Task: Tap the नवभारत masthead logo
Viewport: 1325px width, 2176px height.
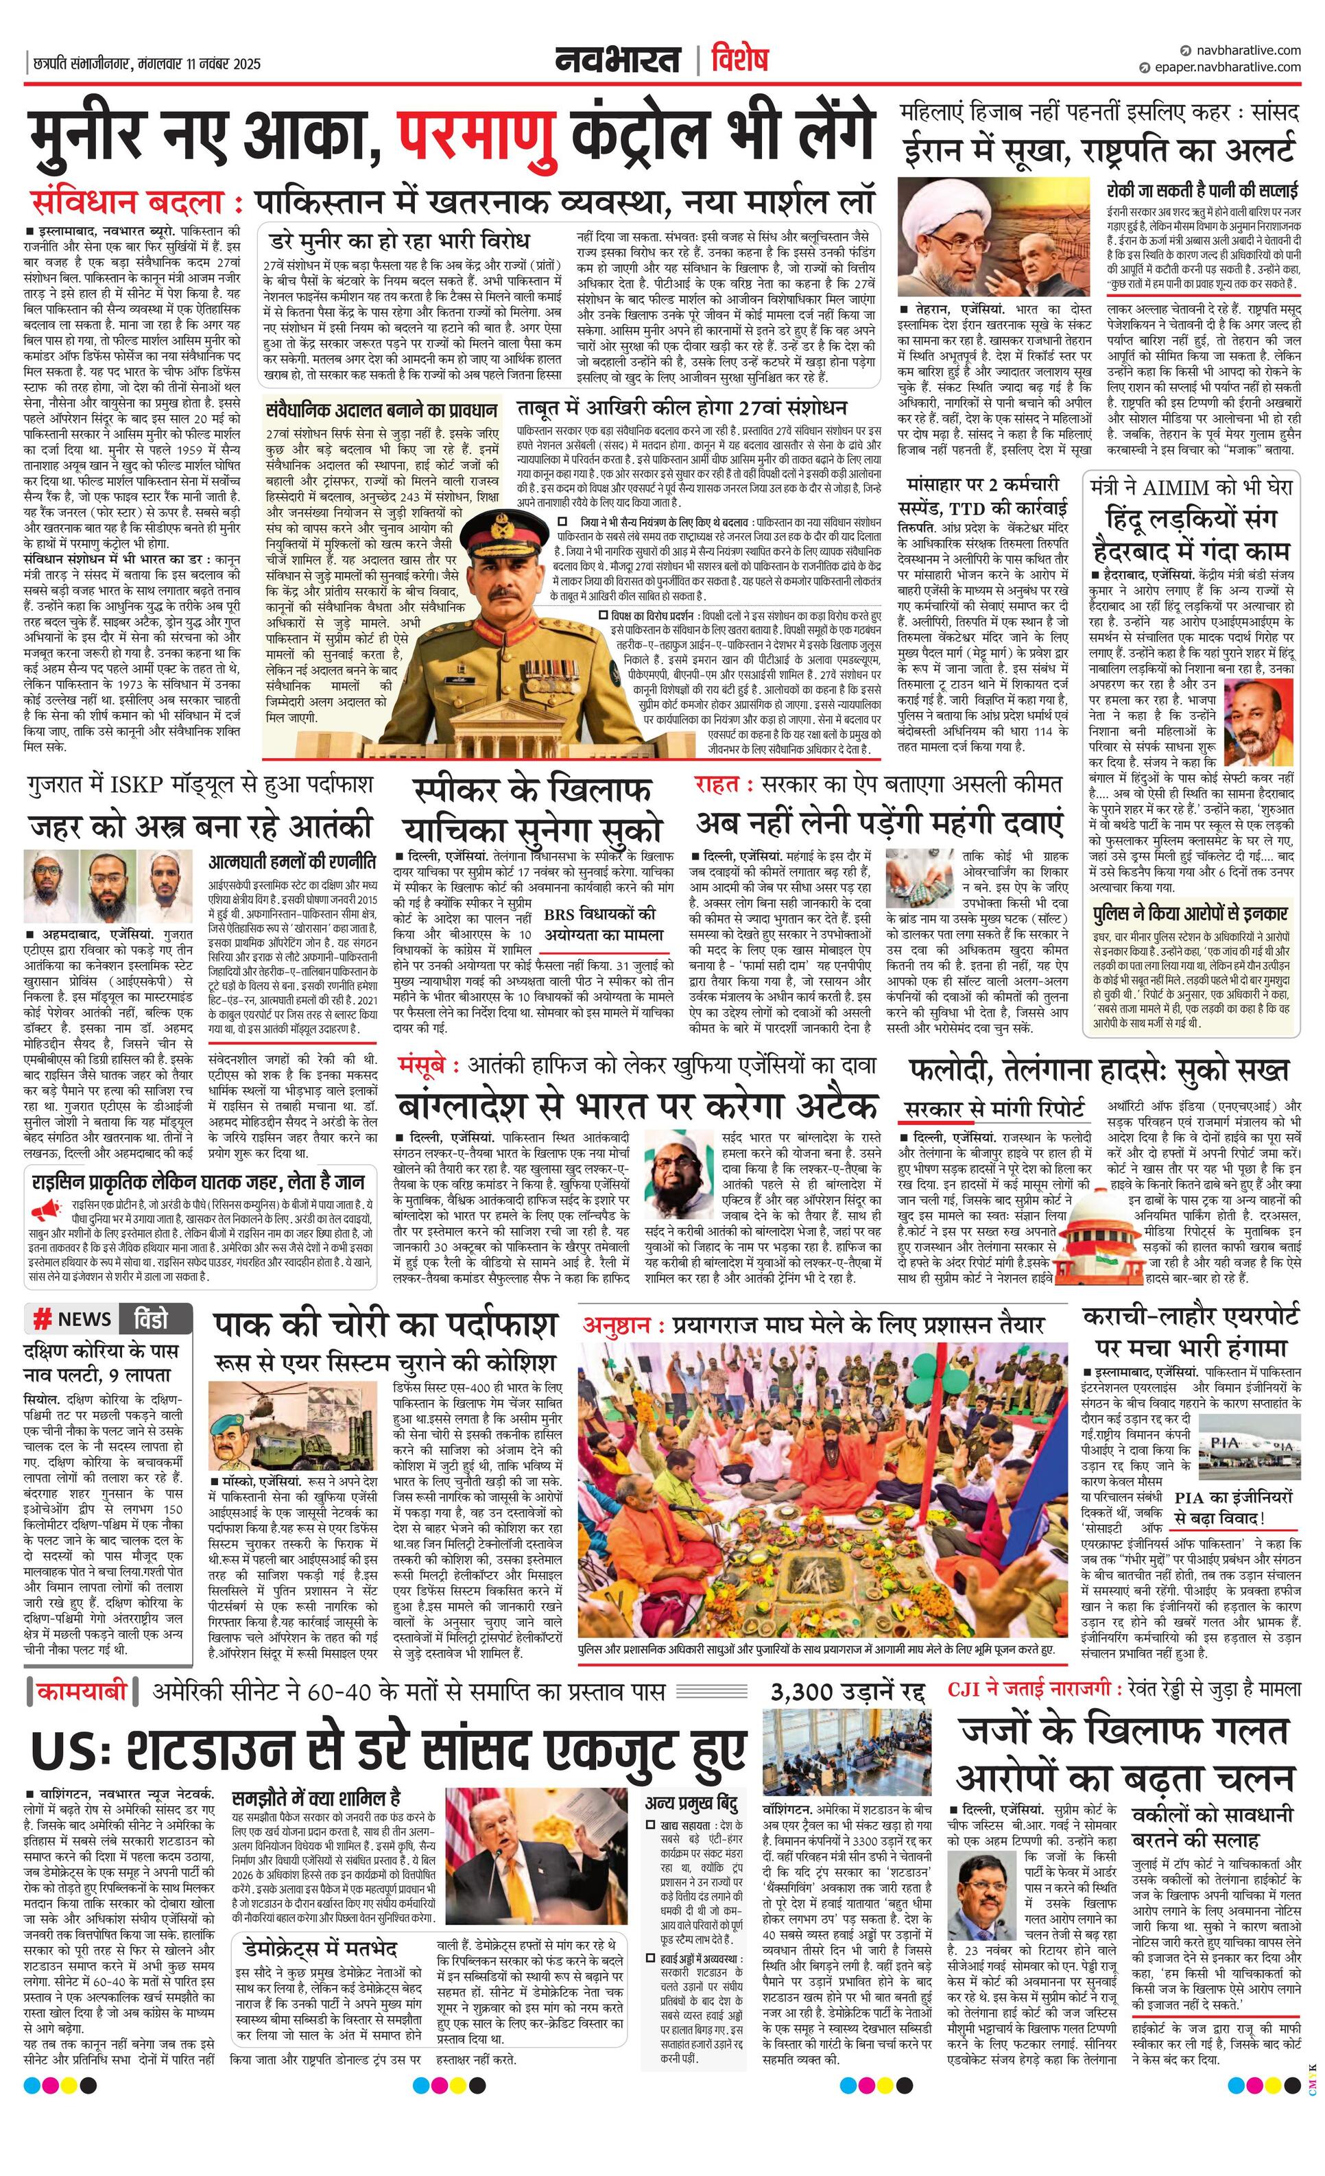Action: point(618,60)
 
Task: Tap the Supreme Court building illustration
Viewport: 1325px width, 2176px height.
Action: point(1095,1227)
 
